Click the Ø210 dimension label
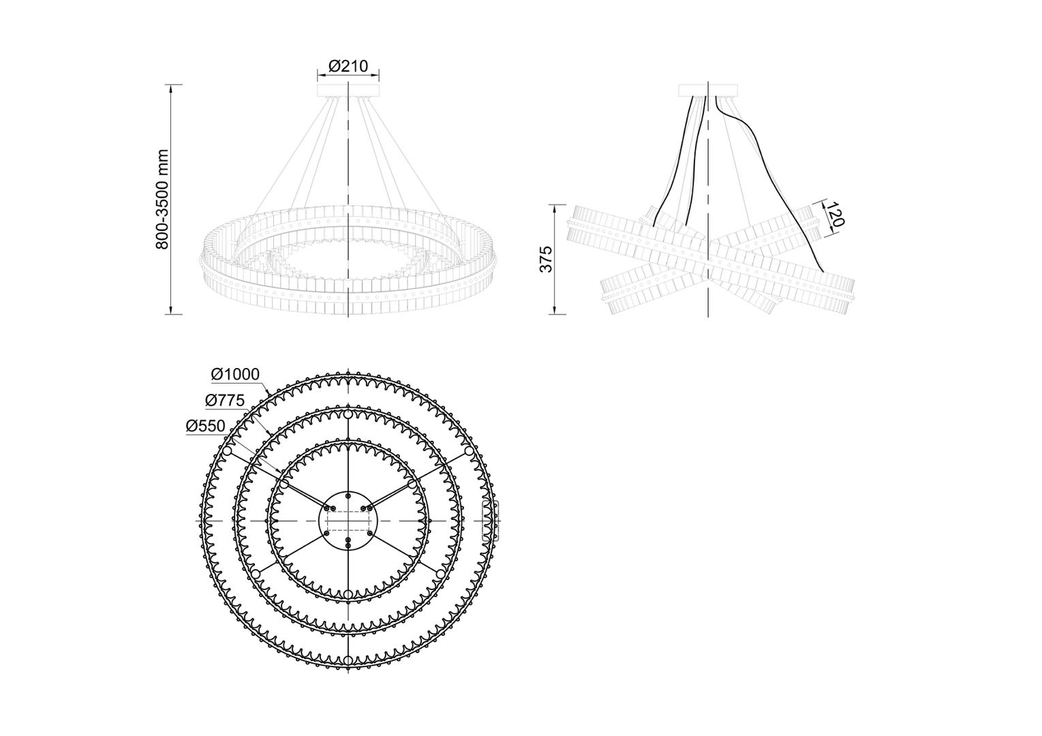coord(348,66)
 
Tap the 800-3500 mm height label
coord(162,200)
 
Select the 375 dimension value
coord(546,259)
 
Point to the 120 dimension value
coord(836,215)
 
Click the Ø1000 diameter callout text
coord(235,374)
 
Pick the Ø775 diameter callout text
coord(225,400)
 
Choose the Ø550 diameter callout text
coord(206,426)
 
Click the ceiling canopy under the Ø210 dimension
coord(348,90)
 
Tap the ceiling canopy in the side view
coord(708,90)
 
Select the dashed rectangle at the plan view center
coord(348,521)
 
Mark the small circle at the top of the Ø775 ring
coord(348,414)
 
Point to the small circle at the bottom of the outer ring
coord(348,660)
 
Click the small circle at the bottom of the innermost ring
coord(348,594)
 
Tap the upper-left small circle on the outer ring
coord(228,451)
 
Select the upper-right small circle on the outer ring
coord(469,451)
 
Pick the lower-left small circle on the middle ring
coord(256,574)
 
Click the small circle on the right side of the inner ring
coord(412,485)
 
